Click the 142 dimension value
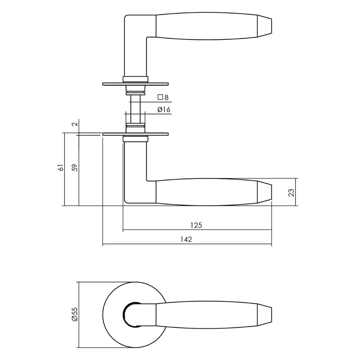(x=187, y=239)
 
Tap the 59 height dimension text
(x=74, y=167)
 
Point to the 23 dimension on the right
(x=292, y=192)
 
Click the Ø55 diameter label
(x=74, y=314)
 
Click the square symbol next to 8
(x=161, y=97)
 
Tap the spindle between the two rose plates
(x=135, y=108)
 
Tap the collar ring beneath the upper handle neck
(x=135, y=78)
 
